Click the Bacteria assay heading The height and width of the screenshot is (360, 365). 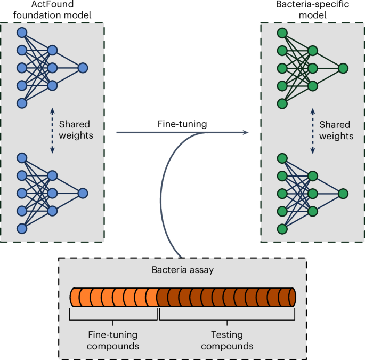pyautogui.click(x=182, y=270)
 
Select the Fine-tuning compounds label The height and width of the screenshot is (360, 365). pyautogui.click(x=112, y=340)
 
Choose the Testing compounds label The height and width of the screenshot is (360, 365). pyautogui.click(x=226, y=340)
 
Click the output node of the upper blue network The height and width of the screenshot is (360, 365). pyautogui.click(x=83, y=68)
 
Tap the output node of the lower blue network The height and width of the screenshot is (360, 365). pyautogui.click(x=83, y=194)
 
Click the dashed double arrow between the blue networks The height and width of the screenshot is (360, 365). pyautogui.click(x=52, y=131)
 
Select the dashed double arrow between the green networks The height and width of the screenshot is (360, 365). pyautogui.click(x=313, y=131)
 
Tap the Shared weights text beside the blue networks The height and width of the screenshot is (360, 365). pyautogui.click(x=76, y=130)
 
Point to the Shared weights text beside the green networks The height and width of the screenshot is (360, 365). pyautogui.click(x=336, y=130)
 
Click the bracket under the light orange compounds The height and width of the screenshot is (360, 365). pyautogui.click(x=113, y=321)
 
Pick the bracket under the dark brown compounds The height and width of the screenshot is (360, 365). pyautogui.click(x=227, y=321)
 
